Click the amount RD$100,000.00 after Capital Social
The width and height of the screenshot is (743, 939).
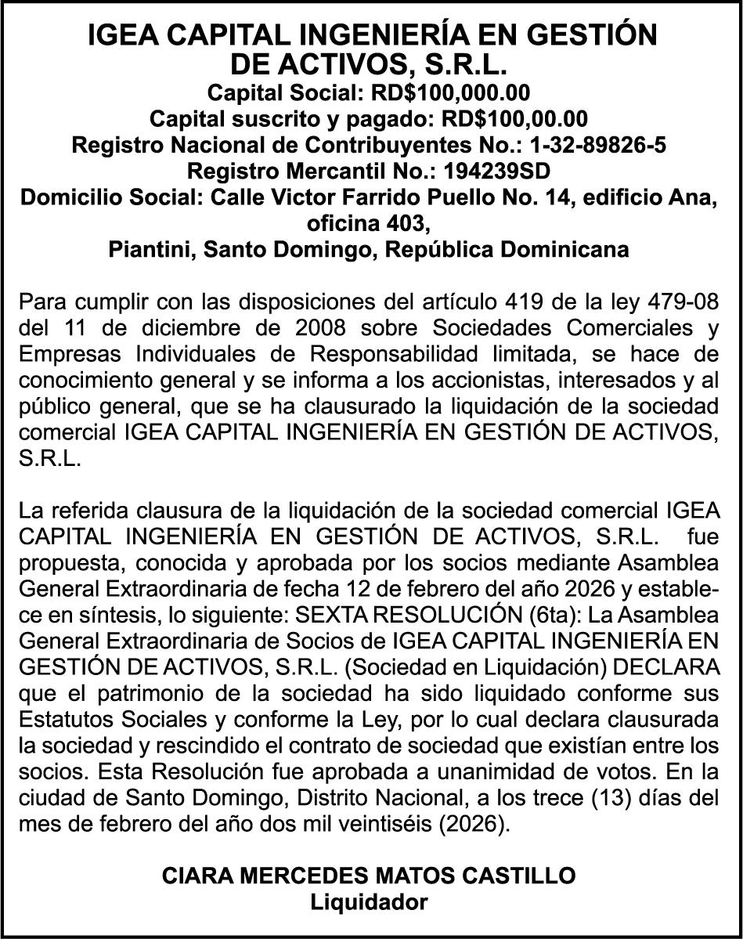coord(450,93)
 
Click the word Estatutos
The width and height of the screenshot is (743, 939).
coord(68,721)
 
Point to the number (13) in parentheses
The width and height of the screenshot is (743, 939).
coord(603,799)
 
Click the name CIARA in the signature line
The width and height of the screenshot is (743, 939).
coord(193,876)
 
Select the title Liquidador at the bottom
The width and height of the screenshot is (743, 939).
coord(370,902)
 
